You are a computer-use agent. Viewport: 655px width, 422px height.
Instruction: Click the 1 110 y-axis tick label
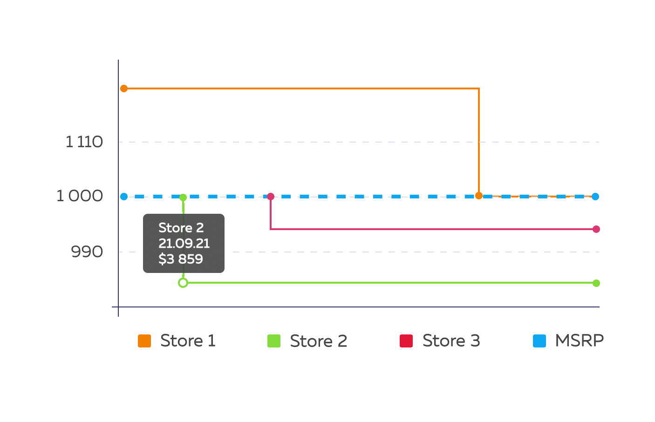coord(84,142)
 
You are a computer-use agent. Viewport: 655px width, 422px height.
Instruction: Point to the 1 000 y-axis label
coord(80,196)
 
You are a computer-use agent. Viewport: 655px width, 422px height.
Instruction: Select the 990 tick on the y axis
coord(87,252)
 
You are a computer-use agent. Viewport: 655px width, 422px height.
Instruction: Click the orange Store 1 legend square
coord(144,341)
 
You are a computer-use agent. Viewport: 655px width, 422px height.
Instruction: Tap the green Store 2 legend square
coord(274,341)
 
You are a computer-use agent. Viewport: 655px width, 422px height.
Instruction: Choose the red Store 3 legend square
coord(406,341)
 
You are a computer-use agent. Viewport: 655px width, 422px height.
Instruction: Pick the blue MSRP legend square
coord(539,341)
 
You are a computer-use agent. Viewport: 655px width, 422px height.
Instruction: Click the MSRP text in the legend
coord(579,340)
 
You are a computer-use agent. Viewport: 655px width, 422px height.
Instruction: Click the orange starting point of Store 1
coord(124,88)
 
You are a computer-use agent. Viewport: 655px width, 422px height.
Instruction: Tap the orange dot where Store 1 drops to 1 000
coord(479,196)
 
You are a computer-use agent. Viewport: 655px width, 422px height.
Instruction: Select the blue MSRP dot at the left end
coord(124,197)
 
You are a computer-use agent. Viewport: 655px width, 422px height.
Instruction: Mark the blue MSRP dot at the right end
coord(595,197)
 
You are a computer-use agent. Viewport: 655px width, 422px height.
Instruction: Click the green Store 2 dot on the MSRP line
coord(183,197)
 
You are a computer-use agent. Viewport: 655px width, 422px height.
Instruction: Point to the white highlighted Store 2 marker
coord(183,283)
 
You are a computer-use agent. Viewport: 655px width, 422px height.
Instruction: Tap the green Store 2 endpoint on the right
coord(596,283)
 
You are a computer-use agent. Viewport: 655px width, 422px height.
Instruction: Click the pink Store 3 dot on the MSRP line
coord(271,197)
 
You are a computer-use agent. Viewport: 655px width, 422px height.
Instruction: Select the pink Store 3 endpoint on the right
coord(596,229)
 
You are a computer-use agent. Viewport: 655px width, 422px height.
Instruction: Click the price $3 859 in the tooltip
coord(181,259)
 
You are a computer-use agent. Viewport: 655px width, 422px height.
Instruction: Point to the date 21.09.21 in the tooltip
coord(184,244)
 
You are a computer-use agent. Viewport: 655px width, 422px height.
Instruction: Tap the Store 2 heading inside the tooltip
coord(181,228)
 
